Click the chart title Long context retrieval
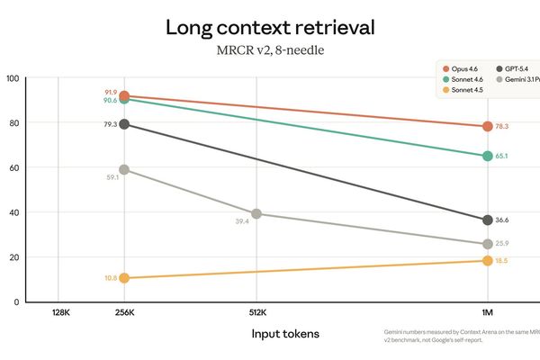click(270, 27)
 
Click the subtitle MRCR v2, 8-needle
click(270, 51)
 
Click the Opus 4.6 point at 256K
click(125, 96)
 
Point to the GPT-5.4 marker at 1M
click(488, 220)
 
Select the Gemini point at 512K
click(257, 214)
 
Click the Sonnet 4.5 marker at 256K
click(125, 278)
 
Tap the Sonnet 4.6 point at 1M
click(488, 156)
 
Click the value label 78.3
click(502, 127)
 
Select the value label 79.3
click(109, 124)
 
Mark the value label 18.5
click(502, 261)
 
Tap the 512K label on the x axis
click(257, 314)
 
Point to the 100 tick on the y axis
click(13, 78)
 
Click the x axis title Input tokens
click(284, 334)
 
